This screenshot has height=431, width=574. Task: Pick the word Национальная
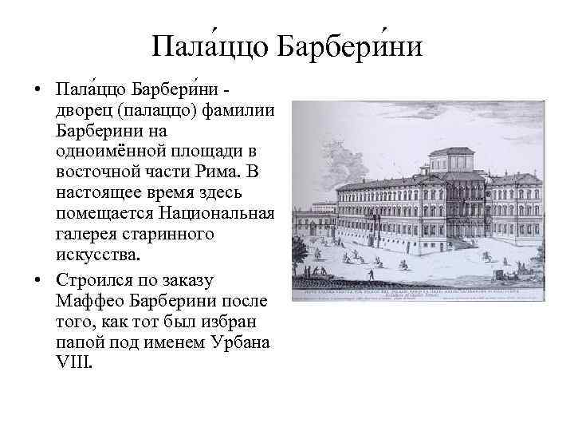pos(216,214)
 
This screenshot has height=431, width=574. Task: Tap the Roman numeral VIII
pos(75,365)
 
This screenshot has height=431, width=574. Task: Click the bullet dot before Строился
pos(37,279)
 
